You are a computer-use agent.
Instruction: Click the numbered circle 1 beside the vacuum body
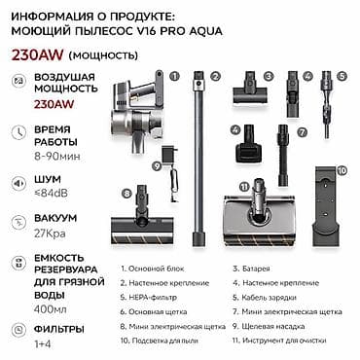tap(174, 73)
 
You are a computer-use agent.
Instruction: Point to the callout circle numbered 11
tap(243, 186)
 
